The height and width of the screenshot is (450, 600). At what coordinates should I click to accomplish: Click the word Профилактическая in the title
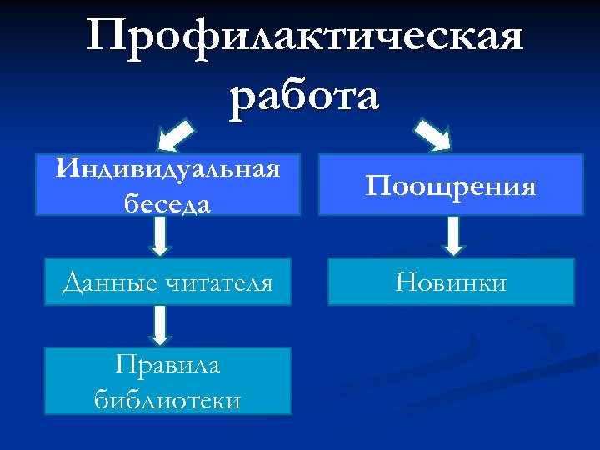305,38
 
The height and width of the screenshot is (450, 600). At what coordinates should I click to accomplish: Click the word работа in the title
305,94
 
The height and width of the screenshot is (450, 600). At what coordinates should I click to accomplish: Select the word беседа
167,202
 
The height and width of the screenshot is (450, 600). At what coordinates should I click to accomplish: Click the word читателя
220,282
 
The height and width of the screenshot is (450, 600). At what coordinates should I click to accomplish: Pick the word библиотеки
167,399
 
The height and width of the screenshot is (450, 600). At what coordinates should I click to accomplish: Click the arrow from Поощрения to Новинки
452,237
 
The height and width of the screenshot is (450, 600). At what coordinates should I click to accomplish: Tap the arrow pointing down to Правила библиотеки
161,325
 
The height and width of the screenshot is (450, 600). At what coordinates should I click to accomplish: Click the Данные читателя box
167,282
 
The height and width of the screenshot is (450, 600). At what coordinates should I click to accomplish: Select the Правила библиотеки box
167,381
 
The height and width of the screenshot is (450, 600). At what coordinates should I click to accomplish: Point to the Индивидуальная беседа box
167,185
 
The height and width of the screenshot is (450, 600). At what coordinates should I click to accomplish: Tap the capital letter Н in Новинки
409,282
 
